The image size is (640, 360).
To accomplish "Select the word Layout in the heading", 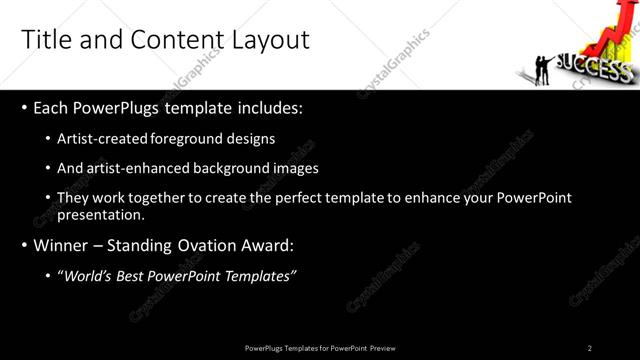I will click(271, 40).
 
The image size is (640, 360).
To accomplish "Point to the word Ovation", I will click(225, 245).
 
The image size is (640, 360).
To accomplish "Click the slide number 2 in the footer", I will click(590, 348).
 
